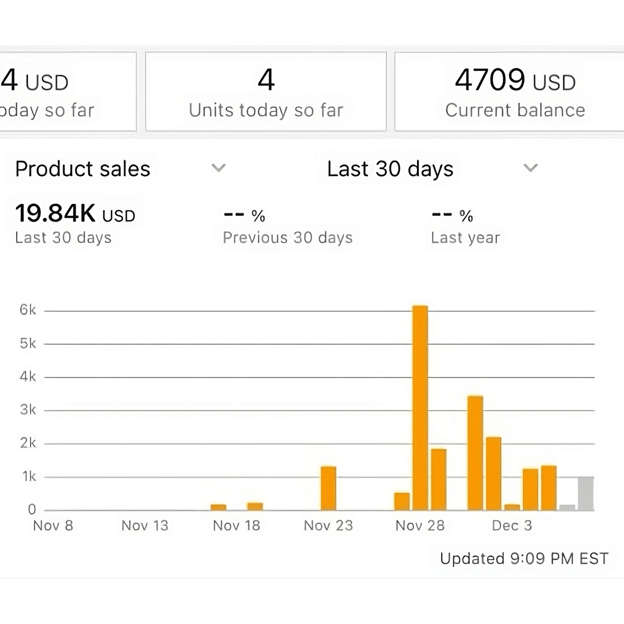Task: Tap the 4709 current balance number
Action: pyautogui.click(x=490, y=80)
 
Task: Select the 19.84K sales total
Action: pyautogui.click(x=55, y=213)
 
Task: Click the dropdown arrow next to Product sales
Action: pyautogui.click(x=218, y=168)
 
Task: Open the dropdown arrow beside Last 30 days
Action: pyautogui.click(x=530, y=168)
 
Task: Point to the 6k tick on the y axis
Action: pyautogui.click(x=28, y=310)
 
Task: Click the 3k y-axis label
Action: pyautogui.click(x=28, y=410)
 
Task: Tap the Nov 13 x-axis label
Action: pyautogui.click(x=145, y=525)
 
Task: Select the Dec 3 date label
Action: pyautogui.click(x=512, y=525)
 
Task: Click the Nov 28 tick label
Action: pyautogui.click(x=420, y=525)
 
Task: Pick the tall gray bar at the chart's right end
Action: pyautogui.click(x=586, y=494)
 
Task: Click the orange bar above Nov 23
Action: pyautogui.click(x=329, y=488)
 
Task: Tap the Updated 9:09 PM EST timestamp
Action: pyautogui.click(x=524, y=558)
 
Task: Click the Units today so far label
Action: pyautogui.click(x=266, y=110)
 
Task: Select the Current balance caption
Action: pyautogui.click(x=515, y=110)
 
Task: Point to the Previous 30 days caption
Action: pyautogui.click(x=287, y=238)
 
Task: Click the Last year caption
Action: pyautogui.click(x=466, y=238)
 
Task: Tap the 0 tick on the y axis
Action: pyautogui.click(x=32, y=509)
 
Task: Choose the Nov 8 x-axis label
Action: pyautogui.click(x=53, y=525)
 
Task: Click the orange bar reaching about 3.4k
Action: pyautogui.click(x=475, y=453)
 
